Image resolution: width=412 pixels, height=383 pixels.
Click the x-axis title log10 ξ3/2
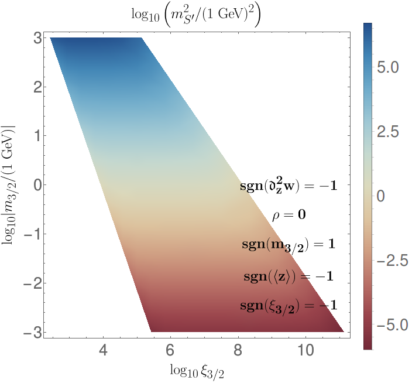(x=197, y=371)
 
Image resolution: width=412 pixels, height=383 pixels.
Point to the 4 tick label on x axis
(x=103, y=350)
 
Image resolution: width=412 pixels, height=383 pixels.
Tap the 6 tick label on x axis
(x=170, y=350)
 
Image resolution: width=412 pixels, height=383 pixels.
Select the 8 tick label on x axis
(x=238, y=350)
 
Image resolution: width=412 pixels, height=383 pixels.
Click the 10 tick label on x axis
(x=305, y=350)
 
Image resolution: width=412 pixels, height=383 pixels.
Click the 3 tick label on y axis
(x=37, y=39)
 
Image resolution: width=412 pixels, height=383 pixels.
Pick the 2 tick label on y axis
(x=37, y=87)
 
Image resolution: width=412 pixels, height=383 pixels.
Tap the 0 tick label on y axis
(x=37, y=185)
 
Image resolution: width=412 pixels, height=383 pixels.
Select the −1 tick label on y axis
(x=33, y=234)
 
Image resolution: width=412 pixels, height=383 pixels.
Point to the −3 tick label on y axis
(x=33, y=332)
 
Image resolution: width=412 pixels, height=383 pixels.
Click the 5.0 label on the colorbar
(x=388, y=67)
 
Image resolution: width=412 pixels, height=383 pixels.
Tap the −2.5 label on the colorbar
(x=392, y=261)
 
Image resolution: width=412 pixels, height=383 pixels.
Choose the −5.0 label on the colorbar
(x=392, y=325)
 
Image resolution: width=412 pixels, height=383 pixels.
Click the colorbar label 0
(x=381, y=196)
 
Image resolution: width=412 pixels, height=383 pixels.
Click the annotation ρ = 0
(x=289, y=216)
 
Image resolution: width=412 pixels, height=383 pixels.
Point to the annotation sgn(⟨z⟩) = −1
(x=289, y=276)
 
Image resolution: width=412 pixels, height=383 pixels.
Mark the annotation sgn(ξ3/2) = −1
(x=289, y=306)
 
